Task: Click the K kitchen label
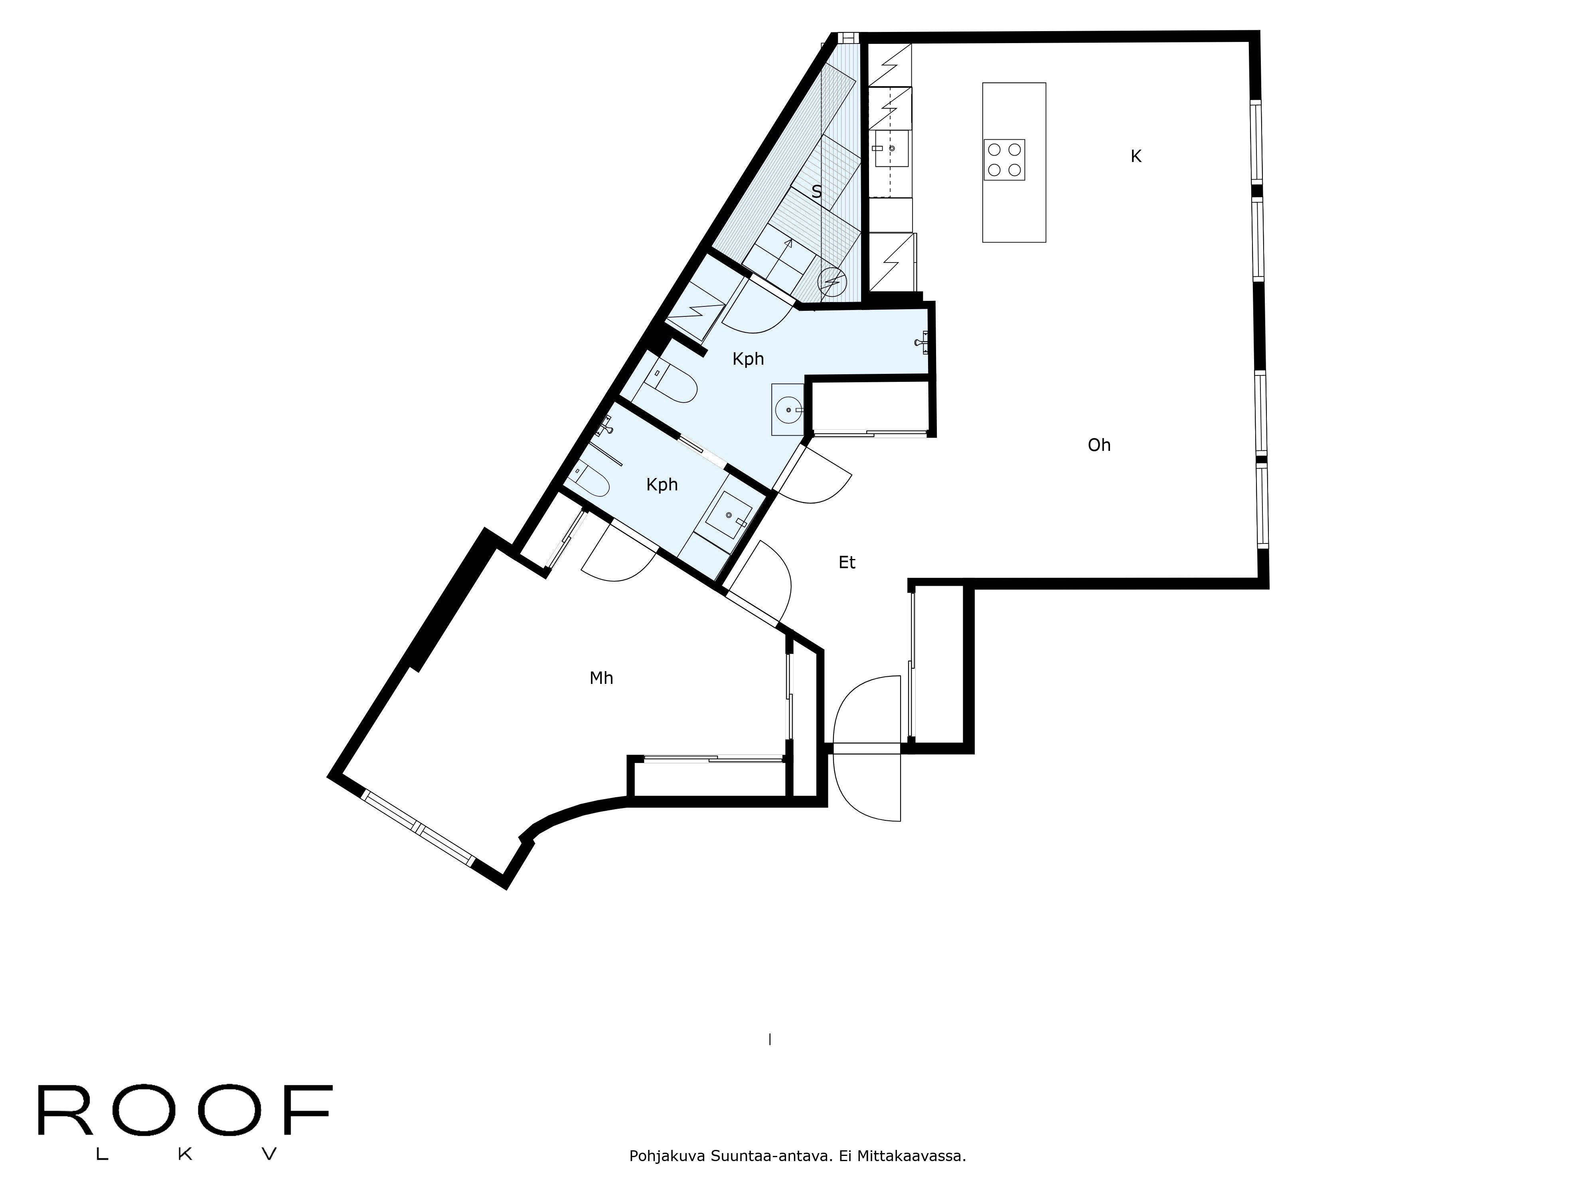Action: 1136,156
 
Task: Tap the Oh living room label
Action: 1099,445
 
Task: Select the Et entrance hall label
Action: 847,562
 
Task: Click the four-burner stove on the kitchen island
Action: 1003,160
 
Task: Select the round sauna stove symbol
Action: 832,281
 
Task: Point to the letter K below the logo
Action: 185,1154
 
